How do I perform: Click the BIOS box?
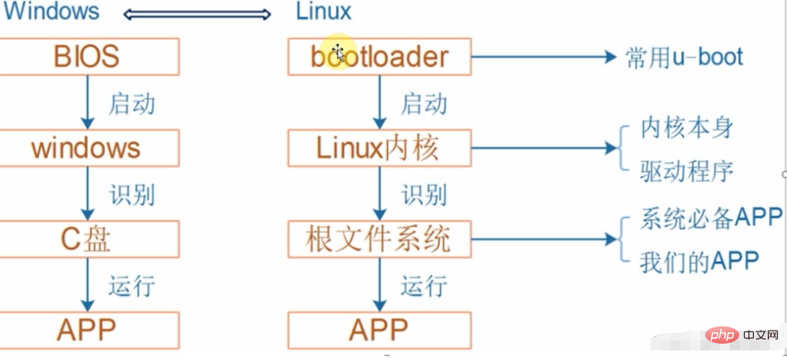tap(89, 57)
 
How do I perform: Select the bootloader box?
tap(379, 57)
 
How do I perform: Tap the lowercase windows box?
tap(89, 148)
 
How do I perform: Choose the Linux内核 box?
tap(379, 148)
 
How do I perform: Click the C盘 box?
tap(89, 239)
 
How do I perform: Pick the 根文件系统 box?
tap(379, 239)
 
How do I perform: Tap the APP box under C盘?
tap(89, 330)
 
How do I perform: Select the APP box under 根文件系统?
tap(379, 330)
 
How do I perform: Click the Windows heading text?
tap(50, 11)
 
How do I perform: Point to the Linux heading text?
tap(323, 11)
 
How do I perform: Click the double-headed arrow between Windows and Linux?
tap(197, 15)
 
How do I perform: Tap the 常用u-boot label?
tap(684, 58)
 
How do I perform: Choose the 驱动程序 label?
tap(686, 172)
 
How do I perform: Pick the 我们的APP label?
tap(699, 261)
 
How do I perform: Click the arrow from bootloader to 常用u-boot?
tap(543, 57)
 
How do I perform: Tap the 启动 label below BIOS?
tap(131, 104)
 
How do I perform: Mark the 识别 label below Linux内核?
tap(424, 195)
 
